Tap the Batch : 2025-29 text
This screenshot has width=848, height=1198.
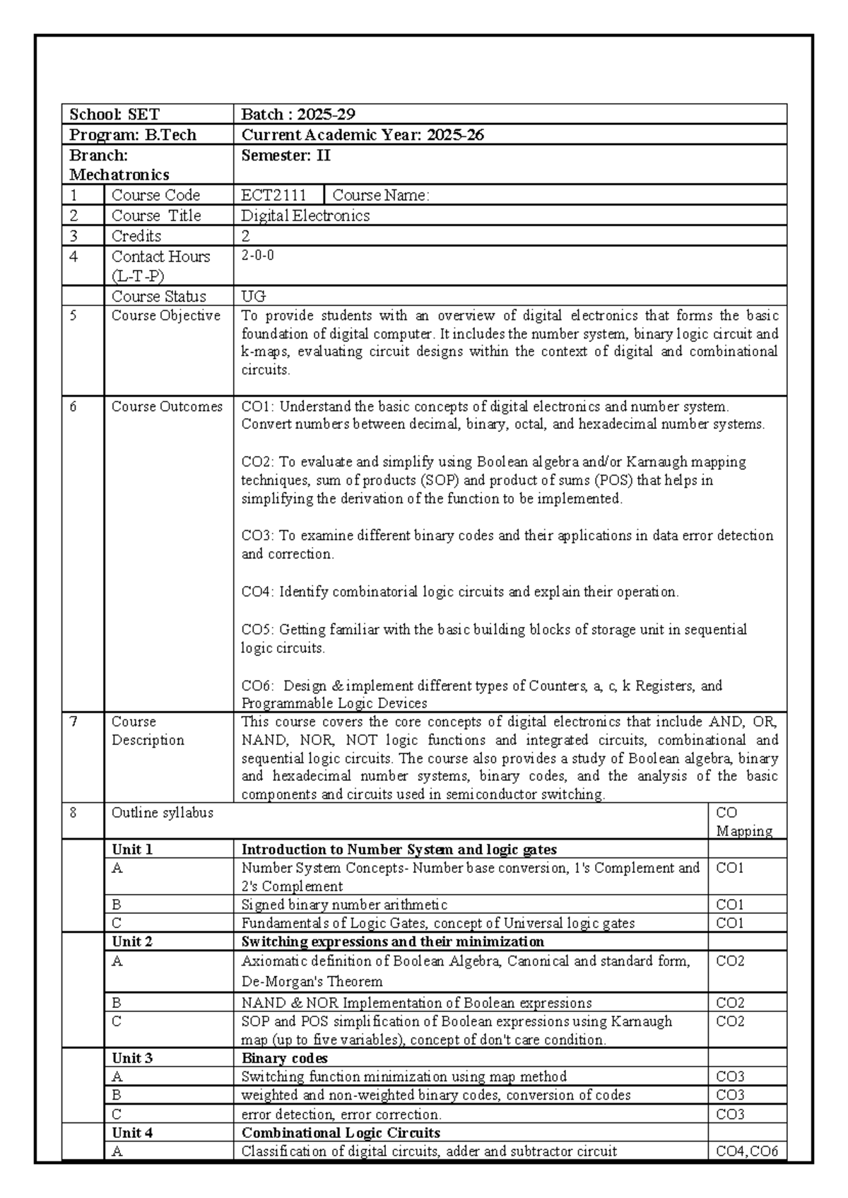(298, 114)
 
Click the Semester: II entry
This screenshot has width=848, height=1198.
(285, 155)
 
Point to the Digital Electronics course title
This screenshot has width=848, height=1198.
(305, 216)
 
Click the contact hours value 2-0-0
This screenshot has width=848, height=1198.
(257, 256)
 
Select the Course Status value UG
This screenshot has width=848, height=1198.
(253, 296)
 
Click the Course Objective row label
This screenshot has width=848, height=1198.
(165, 316)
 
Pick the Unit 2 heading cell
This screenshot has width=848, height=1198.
(132, 941)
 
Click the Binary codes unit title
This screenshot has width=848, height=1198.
(284, 1058)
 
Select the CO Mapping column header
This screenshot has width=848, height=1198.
(744, 822)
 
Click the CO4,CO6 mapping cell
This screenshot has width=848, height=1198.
(746, 1151)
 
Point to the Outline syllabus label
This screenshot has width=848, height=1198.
(163, 813)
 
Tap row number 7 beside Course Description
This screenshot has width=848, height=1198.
(73, 722)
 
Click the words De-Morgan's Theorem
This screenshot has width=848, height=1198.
(312, 982)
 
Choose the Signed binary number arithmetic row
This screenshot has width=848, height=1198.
(344, 905)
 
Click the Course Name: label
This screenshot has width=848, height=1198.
(380, 195)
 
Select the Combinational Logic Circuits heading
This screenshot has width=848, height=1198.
(341, 1132)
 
